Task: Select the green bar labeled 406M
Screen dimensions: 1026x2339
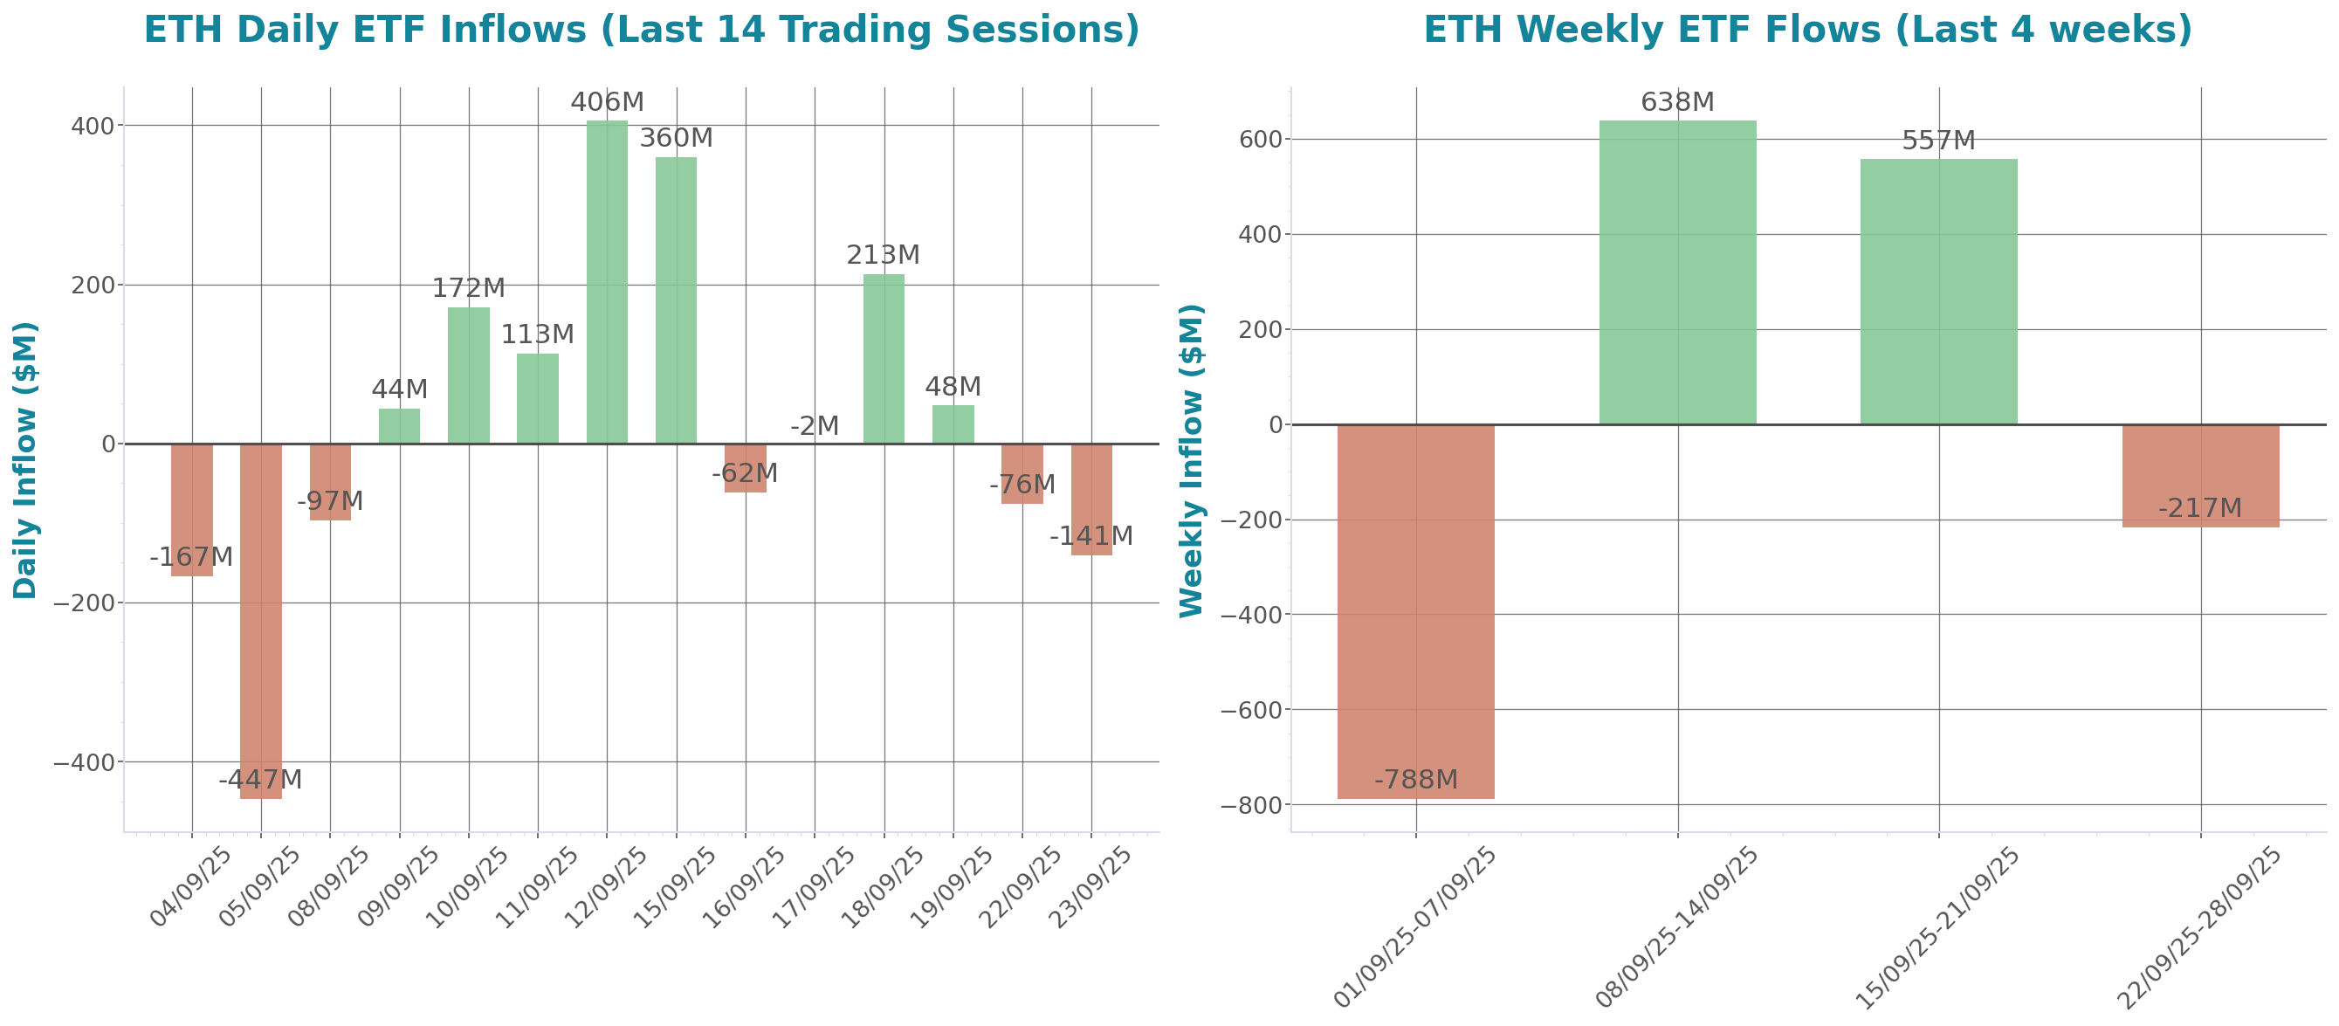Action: tap(607, 281)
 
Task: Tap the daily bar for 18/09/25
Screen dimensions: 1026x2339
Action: tap(884, 359)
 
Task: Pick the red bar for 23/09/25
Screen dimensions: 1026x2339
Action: tap(1091, 499)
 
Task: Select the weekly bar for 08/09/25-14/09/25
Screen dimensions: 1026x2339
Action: tap(1677, 272)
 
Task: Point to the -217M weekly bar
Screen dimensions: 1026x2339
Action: tap(2200, 476)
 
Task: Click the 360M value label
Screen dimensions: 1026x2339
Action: tap(676, 138)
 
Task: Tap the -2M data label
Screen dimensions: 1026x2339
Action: tap(815, 426)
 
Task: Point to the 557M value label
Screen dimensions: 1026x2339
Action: tap(1938, 141)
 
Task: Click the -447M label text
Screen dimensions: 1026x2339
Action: tap(260, 780)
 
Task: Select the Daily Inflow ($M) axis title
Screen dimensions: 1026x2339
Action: tap(25, 460)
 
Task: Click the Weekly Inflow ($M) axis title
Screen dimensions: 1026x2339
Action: tap(1191, 460)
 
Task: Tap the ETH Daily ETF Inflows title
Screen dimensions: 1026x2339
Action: tap(641, 30)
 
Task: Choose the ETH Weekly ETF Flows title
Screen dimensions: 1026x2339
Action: tap(1807, 30)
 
